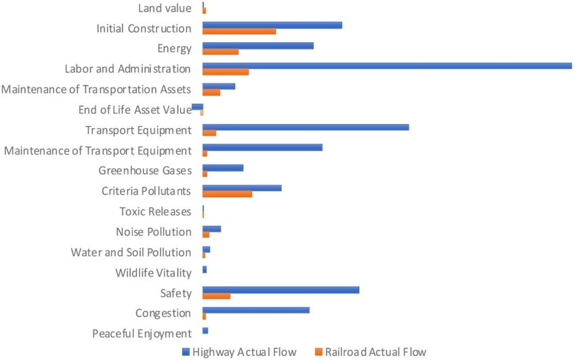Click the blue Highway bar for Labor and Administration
(387, 66)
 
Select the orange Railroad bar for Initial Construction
(239, 31)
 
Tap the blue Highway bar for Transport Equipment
(306, 127)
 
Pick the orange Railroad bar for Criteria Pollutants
(227, 194)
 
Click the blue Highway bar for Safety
(281, 289)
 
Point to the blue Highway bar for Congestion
(255, 310)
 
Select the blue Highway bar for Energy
(258, 45)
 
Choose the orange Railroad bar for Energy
(220, 52)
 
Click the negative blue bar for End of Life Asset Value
(197, 106)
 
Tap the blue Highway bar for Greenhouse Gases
(222, 167)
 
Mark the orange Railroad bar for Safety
(216, 296)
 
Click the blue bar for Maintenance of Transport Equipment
(262, 147)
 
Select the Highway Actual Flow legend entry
(239, 352)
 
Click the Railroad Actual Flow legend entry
(370, 352)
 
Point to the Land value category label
(164, 8)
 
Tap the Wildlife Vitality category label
(153, 273)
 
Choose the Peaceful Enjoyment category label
(142, 334)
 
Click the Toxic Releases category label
(155, 212)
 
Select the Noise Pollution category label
(153, 232)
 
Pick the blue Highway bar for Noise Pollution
(211, 228)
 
